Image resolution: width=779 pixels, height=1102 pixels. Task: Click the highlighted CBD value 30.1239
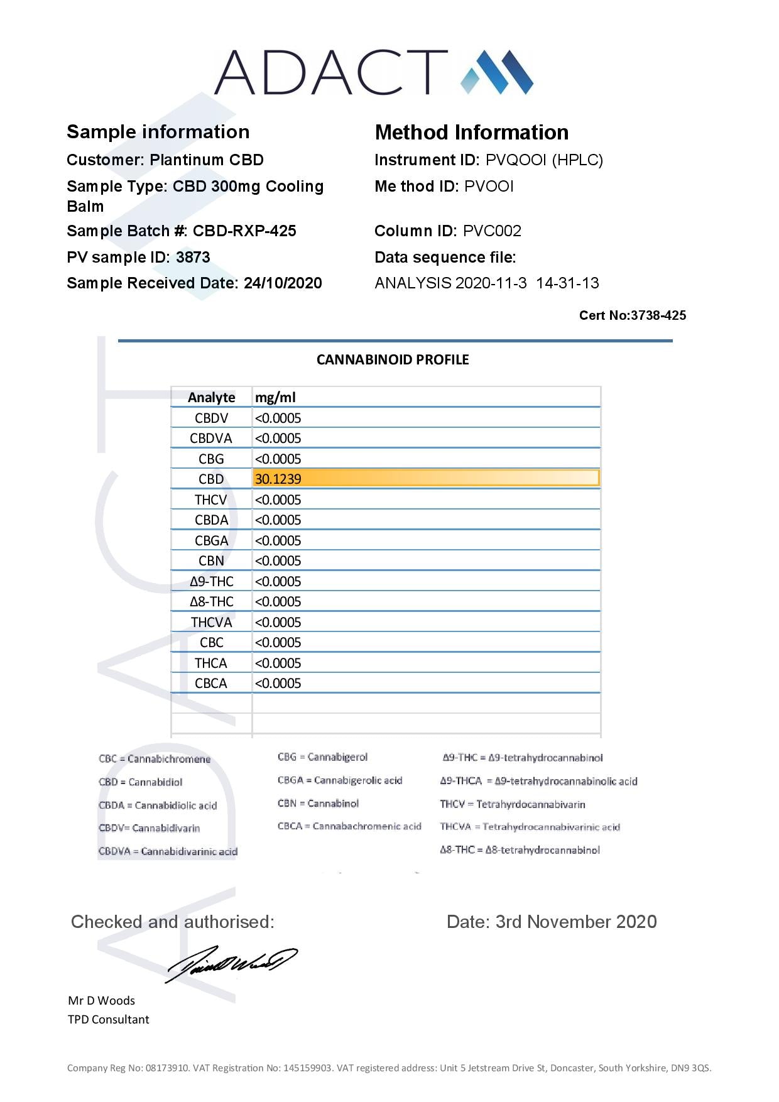point(278,479)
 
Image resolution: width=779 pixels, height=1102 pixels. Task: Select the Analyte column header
point(211,397)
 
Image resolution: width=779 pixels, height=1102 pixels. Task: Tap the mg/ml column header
point(275,397)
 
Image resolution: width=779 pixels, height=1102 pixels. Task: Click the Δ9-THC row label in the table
point(211,581)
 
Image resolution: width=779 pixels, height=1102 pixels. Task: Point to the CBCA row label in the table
point(211,683)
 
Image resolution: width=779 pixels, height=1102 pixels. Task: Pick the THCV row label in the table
point(211,499)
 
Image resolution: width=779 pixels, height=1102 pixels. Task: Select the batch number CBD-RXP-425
point(244,231)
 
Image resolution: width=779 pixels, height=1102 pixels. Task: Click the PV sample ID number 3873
point(193,257)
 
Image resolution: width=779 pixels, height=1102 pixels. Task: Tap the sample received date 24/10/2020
point(283,283)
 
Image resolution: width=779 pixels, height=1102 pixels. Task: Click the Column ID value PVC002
point(492,231)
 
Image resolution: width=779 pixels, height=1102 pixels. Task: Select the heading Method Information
point(472,132)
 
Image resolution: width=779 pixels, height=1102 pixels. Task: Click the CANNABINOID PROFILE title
point(393,359)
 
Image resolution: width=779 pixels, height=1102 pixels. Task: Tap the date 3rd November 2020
point(576,922)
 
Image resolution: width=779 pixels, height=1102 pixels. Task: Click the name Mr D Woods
point(102,1000)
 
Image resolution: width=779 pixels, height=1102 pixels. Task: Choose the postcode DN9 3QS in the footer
point(690,1067)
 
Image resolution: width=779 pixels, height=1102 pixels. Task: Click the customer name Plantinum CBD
point(207,160)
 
